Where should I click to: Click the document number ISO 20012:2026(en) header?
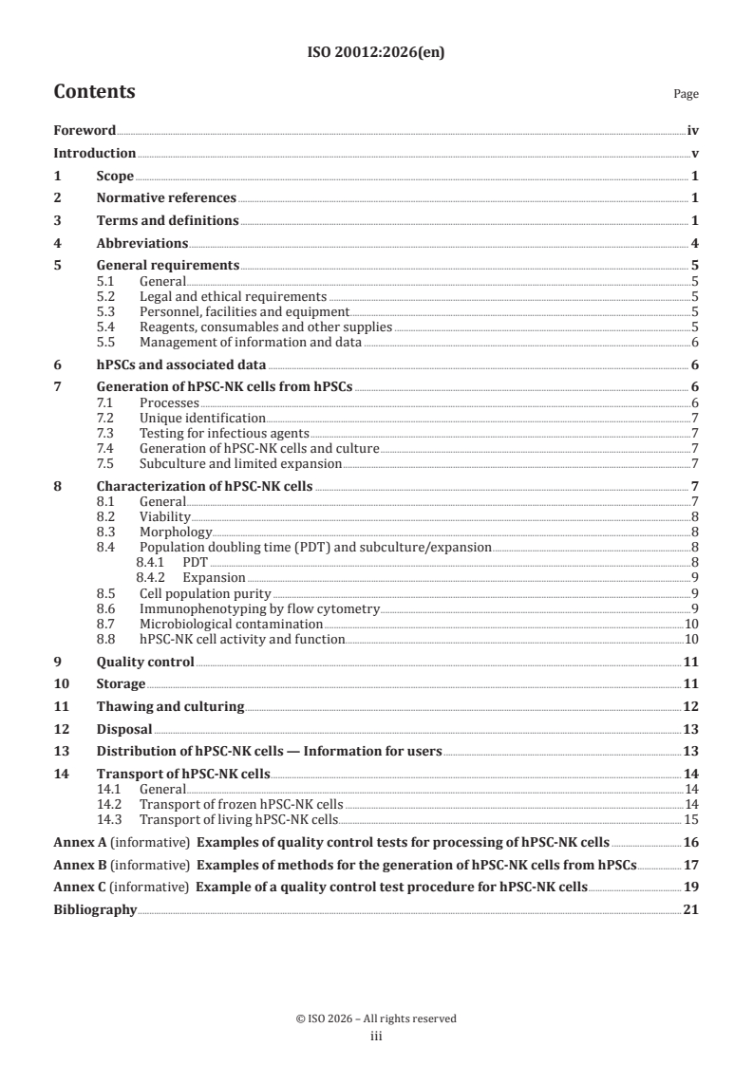pos(376,53)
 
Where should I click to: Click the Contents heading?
pos(94,92)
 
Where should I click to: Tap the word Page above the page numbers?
pos(686,94)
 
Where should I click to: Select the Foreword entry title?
pos(85,131)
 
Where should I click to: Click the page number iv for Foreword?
pos(693,131)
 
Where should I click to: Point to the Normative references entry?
pos(166,198)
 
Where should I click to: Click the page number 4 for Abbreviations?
pos(696,243)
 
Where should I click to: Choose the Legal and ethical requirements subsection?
pos(233,297)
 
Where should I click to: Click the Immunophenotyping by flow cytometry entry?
pos(259,608)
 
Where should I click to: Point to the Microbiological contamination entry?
pos(231,625)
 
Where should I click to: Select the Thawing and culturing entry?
pos(170,706)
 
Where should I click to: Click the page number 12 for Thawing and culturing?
pos(692,706)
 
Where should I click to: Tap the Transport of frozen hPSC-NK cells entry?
pos(241,804)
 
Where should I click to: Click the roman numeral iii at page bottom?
pos(376,1037)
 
